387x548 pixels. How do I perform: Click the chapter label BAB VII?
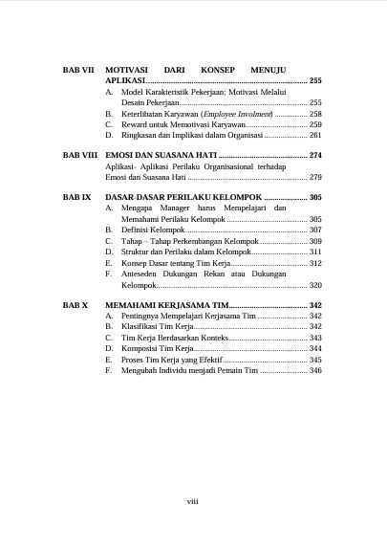[77, 71]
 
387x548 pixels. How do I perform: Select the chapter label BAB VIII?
[79, 154]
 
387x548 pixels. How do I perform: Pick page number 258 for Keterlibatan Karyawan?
[315, 114]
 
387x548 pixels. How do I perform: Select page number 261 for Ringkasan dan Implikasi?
[315, 136]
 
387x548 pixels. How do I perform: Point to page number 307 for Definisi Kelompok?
[315, 230]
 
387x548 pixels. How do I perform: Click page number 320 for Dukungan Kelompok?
[315, 285]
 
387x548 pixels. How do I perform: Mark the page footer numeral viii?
[192, 499]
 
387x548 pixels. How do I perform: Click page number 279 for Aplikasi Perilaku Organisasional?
[315, 177]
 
